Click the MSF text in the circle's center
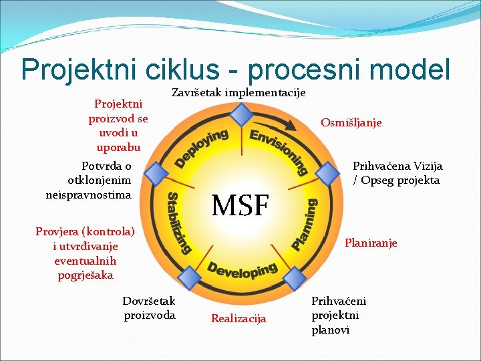pyautogui.click(x=240, y=205)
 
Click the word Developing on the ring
pyautogui.click(x=242, y=271)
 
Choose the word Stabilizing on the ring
pyautogui.click(x=178, y=223)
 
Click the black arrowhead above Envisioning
pyautogui.click(x=291, y=125)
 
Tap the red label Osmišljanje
pyautogui.click(x=351, y=122)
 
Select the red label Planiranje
pyautogui.click(x=371, y=243)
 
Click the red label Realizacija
pyautogui.click(x=238, y=319)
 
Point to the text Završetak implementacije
pyautogui.click(x=239, y=92)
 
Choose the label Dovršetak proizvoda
pyautogui.click(x=149, y=308)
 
